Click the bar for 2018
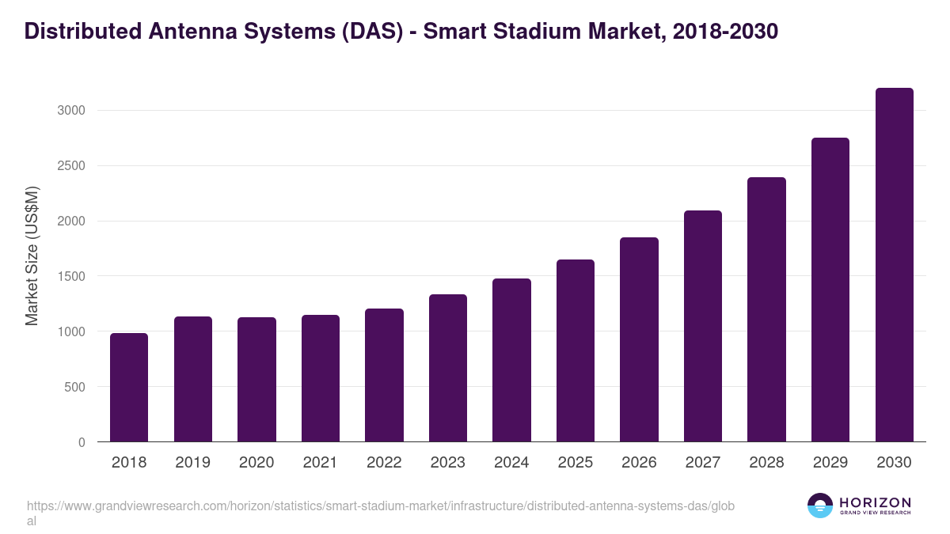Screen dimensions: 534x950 coord(129,388)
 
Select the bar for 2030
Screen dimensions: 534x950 coord(894,265)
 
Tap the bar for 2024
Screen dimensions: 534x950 coord(511,360)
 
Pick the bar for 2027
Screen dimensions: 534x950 coord(703,326)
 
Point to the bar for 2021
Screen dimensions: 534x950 coord(321,378)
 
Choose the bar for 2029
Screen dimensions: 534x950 coord(830,290)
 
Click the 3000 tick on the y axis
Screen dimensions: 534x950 coord(70,111)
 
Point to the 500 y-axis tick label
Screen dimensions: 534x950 coord(75,388)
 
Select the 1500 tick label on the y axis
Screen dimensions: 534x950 coord(70,277)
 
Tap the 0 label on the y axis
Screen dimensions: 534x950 coord(82,443)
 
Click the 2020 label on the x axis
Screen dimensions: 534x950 coord(256,463)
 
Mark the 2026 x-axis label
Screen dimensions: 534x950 coord(639,463)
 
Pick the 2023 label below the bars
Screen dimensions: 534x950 coord(448,463)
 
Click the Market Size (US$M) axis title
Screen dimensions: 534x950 coord(32,255)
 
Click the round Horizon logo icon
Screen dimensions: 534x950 coord(819,506)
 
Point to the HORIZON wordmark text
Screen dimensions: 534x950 coord(875,502)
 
